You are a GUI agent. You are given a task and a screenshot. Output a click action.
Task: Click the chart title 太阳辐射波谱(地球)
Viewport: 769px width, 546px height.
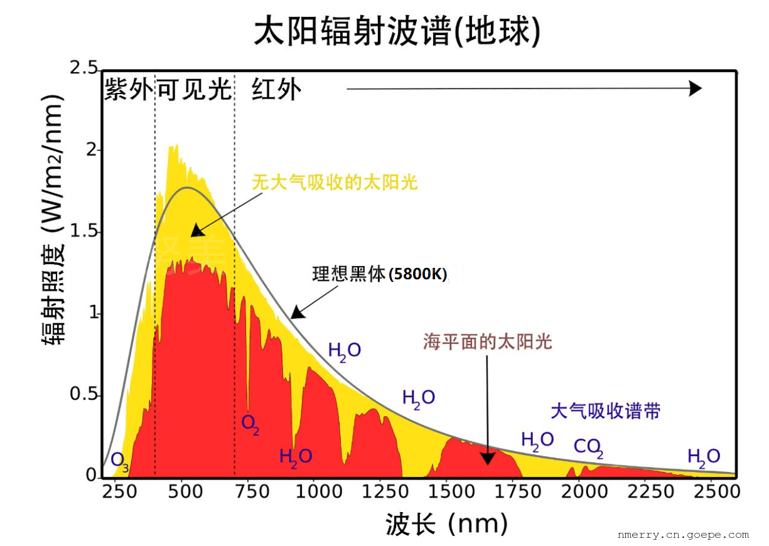click(396, 31)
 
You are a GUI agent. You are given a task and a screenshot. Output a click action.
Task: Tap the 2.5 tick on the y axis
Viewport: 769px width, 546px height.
click(84, 68)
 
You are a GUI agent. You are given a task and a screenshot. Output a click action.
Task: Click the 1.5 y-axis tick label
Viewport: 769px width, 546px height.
click(84, 232)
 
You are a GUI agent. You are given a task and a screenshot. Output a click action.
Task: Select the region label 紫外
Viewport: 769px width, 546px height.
click(128, 90)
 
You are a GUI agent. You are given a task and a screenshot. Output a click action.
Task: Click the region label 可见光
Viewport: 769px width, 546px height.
click(194, 90)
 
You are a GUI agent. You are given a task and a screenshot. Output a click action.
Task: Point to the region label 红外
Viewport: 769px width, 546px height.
click(276, 90)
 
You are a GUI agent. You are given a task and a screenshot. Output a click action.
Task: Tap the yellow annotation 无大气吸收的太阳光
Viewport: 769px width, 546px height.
click(335, 183)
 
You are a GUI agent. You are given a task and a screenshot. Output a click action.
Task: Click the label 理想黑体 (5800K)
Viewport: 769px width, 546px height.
click(379, 274)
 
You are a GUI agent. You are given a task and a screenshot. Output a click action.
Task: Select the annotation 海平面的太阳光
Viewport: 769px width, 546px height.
click(487, 342)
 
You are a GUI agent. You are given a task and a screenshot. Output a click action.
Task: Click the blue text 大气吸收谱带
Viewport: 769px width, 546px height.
click(605, 412)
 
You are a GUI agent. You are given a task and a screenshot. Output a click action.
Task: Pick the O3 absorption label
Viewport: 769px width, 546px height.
click(120, 461)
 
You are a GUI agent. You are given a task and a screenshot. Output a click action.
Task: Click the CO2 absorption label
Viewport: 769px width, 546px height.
click(588, 447)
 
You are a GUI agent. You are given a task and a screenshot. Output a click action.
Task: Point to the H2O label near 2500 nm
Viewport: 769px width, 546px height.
click(703, 457)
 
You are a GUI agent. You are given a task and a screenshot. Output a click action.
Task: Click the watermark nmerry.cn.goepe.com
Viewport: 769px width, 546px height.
click(683, 535)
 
